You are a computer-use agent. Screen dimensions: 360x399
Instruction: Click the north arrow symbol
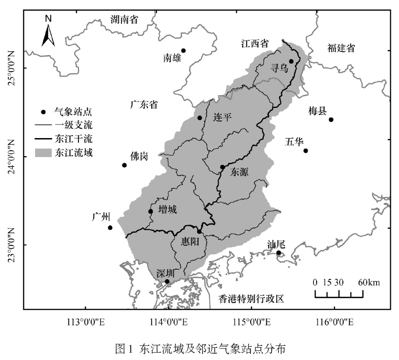[48, 31]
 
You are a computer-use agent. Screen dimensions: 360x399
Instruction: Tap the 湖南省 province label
[124, 20]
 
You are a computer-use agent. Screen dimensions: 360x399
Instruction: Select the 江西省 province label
[255, 43]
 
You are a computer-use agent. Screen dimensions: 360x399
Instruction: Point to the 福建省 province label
[341, 48]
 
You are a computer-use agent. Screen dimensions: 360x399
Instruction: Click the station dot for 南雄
[183, 51]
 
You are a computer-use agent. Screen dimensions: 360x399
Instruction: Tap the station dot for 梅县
[331, 120]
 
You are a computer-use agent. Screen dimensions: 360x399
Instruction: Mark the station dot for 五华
[306, 151]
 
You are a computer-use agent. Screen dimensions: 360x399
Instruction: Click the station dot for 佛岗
[124, 165]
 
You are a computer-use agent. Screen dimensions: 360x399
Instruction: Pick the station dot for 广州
[110, 228]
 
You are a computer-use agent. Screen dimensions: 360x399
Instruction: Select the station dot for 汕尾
[279, 253]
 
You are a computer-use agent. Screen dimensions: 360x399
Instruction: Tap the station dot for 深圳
[167, 281]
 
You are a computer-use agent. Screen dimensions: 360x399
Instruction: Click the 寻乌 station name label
[279, 70]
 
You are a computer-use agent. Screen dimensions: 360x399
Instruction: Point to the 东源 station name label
[239, 172]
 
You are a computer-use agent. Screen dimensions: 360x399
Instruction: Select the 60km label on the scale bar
[369, 282]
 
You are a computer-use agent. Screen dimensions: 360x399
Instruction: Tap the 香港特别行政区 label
[251, 299]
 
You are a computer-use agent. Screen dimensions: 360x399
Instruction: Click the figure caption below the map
[199, 349]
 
